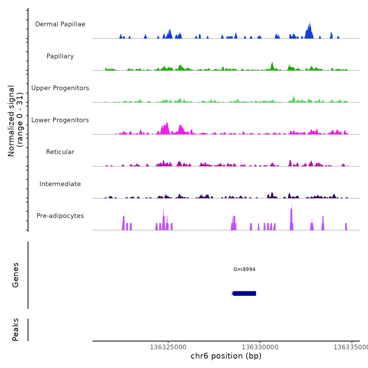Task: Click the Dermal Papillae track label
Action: pos(60,24)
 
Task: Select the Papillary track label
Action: pos(60,56)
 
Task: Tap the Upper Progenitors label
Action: pos(60,88)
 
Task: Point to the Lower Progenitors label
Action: pos(60,120)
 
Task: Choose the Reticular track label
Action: pos(60,152)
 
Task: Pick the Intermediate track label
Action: pos(60,184)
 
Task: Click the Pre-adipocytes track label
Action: pos(60,216)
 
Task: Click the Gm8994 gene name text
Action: pos(244,269)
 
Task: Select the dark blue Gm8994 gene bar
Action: pos(244,293)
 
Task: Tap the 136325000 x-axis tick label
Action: pos(168,347)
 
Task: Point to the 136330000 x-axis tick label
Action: pos(260,347)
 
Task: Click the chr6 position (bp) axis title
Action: pos(226,356)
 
